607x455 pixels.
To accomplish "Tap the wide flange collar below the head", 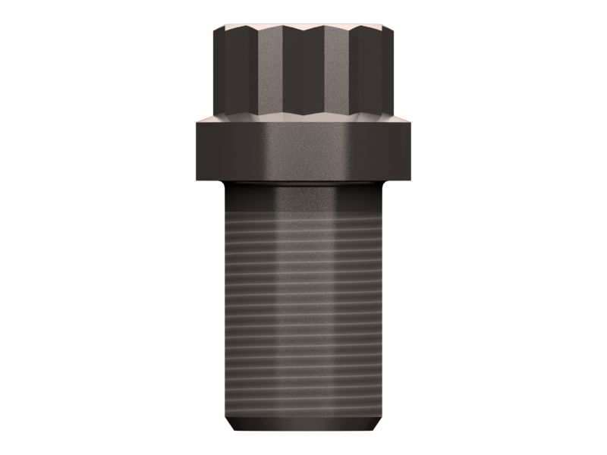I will tap(303, 152).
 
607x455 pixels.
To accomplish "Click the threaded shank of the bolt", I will tap(303, 303).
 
